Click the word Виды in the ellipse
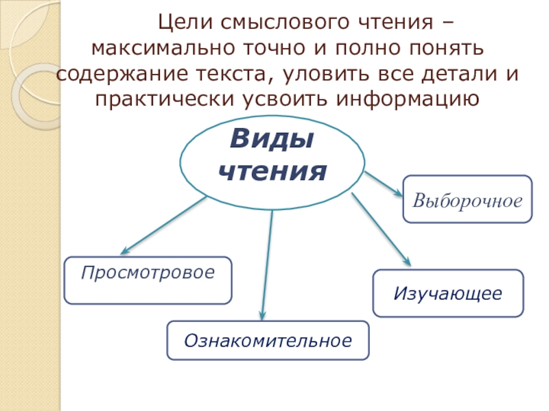pyautogui.click(x=272, y=140)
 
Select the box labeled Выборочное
pyautogui.click(x=467, y=199)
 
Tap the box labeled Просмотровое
pyautogui.click(x=148, y=280)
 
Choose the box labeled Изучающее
pyautogui.click(x=448, y=293)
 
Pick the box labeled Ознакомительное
pyautogui.click(x=268, y=340)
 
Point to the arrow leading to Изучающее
pyautogui.click(x=380, y=229)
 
